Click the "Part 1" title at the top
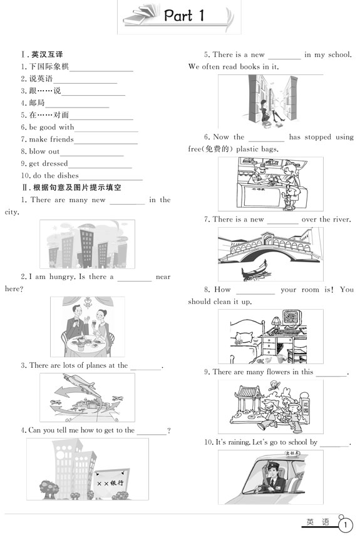184,16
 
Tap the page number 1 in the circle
346,525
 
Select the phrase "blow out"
44,151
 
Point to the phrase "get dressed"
48,164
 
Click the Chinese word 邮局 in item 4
37,103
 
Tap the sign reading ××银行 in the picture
111,483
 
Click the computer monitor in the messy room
292,318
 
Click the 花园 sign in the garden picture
306,408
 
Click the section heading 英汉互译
47,54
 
